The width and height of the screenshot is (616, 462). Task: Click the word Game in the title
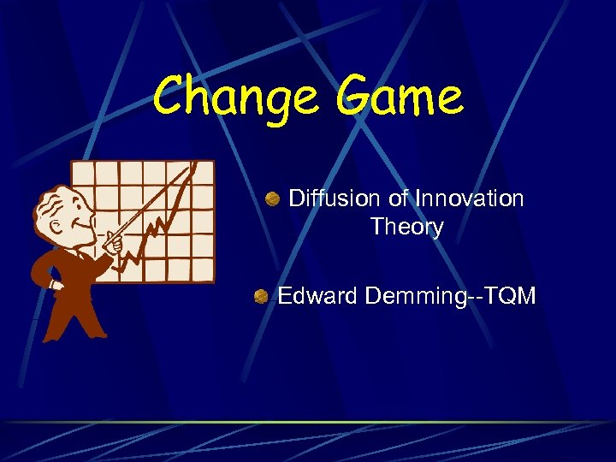click(x=399, y=97)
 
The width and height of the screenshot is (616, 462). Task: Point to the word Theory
click(x=406, y=228)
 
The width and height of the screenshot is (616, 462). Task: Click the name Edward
click(x=317, y=297)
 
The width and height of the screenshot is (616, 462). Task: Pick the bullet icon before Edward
click(x=260, y=297)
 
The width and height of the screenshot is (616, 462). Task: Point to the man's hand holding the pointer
click(x=112, y=243)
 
